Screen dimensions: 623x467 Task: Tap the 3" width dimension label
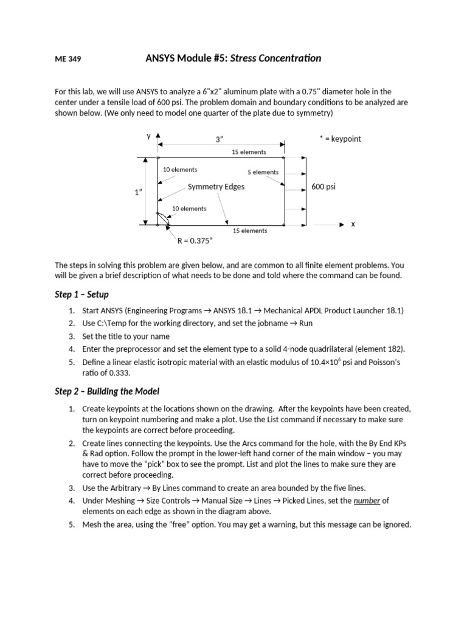(220, 139)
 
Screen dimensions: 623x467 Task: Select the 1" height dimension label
(138, 192)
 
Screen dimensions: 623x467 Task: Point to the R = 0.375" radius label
(195, 241)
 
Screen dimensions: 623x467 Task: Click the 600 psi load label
(323, 187)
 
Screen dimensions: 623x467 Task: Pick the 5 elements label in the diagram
(263, 172)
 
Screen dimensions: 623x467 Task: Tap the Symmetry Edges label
(216, 187)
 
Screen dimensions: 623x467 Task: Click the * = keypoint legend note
(340, 139)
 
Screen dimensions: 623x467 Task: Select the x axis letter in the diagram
(353, 224)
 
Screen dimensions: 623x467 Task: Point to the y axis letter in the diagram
(148, 136)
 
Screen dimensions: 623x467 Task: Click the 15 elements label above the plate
(249, 152)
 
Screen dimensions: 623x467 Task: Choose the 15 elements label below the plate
(250, 231)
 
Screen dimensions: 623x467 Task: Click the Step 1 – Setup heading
(81, 294)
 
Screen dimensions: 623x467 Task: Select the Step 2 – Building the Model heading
(107, 391)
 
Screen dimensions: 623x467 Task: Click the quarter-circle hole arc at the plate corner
(163, 217)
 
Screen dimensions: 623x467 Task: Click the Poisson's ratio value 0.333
(117, 372)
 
